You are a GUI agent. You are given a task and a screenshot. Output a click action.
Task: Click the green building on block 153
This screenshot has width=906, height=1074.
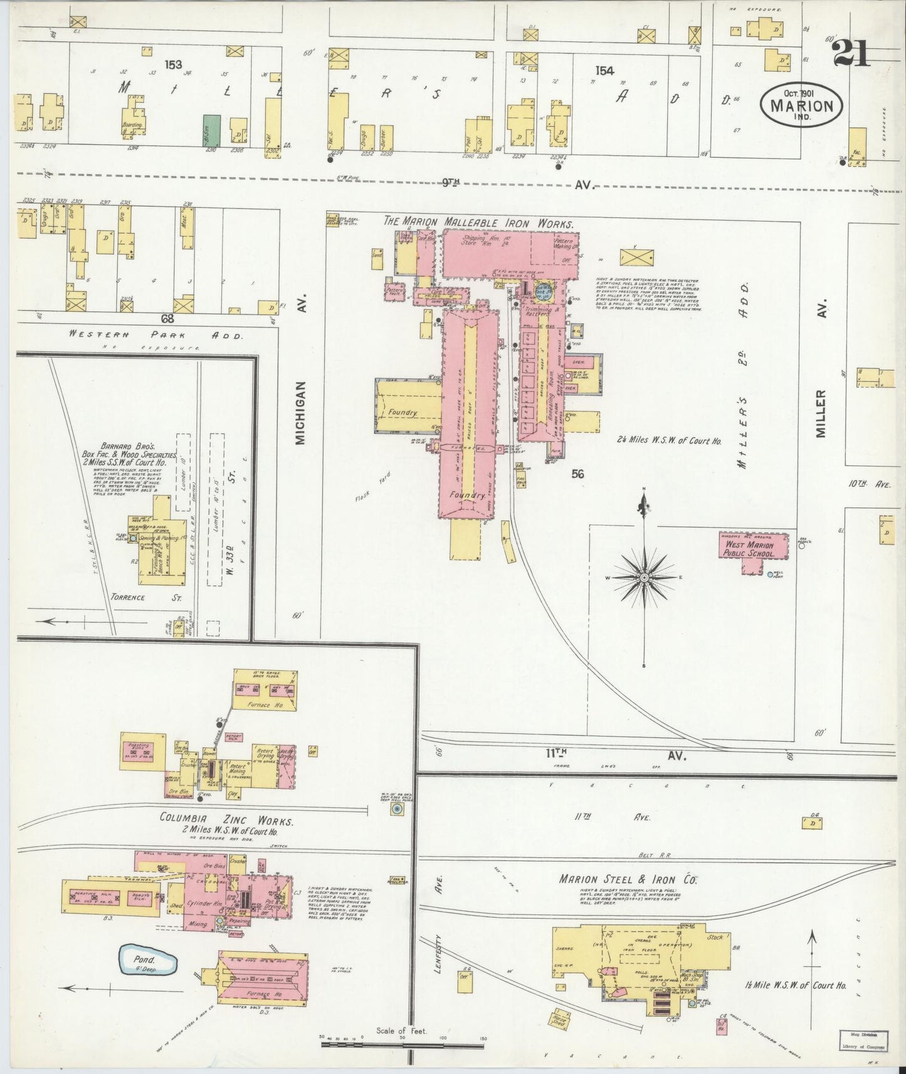[x=211, y=130]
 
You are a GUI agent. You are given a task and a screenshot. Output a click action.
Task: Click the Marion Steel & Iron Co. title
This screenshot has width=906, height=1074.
[x=629, y=879]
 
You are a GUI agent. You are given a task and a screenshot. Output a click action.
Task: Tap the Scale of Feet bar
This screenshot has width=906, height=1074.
[x=401, y=1043]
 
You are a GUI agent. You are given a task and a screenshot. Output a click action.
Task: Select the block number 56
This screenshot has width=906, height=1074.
[x=577, y=474]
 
